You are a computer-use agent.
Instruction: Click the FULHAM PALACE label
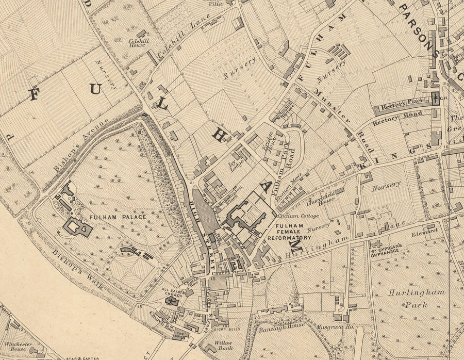click(119, 217)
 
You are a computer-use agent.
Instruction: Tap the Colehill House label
click(139, 42)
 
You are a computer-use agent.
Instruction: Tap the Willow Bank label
click(223, 346)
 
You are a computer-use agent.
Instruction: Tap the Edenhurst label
click(420, 233)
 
